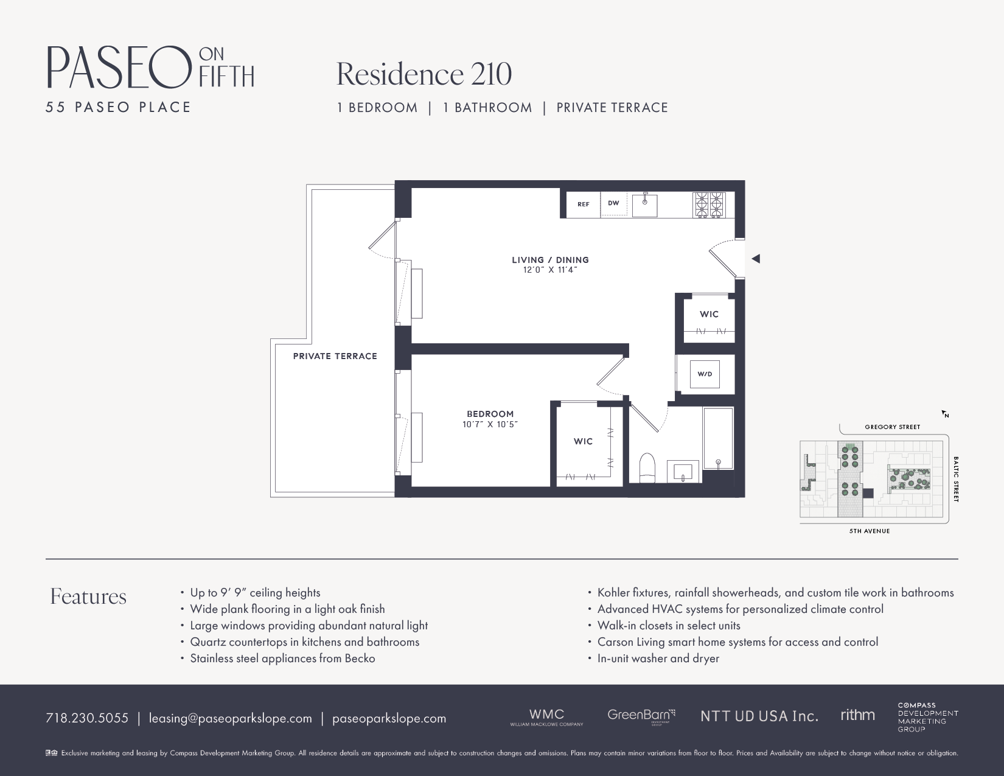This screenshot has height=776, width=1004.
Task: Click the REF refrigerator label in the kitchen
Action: [583, 204]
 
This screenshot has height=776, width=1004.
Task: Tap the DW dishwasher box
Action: [613, 204]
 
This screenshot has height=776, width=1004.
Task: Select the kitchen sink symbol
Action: [644, 205]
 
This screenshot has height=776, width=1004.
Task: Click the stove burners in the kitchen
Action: [709, 204]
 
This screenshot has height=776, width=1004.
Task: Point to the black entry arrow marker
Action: [756, 259]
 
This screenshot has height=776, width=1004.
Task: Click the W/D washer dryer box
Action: [705, 374]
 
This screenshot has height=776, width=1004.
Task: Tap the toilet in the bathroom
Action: [647, 467]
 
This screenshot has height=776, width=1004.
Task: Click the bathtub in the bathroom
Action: [718, 438]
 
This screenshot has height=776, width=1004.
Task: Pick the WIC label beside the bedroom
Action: [583, 441]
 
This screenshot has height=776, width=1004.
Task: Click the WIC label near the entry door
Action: [709, 314]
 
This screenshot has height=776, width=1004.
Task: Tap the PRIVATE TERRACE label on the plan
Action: [335, 356]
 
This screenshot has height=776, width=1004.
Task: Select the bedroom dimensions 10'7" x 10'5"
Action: [490, 424]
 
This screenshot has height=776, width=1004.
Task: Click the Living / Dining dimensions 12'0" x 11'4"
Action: [550, 270]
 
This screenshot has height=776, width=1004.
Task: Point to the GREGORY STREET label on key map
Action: [892, 427]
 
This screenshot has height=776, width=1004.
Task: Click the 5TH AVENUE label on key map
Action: [870, 531]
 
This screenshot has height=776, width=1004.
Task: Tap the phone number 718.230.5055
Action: [87, 718]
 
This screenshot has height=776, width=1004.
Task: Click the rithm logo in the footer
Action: [857, 715]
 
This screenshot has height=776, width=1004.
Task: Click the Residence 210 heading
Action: [424, 74]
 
